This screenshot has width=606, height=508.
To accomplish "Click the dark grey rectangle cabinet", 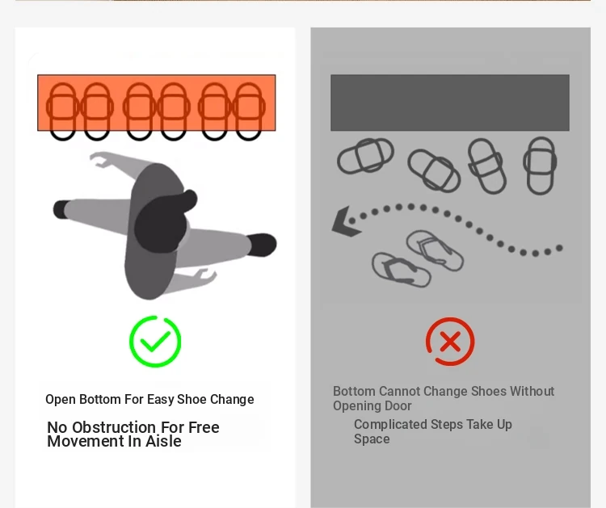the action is [450, 103].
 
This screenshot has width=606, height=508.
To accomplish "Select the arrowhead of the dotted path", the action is [345, 221].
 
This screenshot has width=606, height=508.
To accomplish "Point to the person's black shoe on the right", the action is [262, 245].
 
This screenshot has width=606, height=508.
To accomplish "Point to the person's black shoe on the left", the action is [61, 209].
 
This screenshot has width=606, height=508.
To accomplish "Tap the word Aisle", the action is [163, 441].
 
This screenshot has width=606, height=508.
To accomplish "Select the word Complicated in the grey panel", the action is [390, 425].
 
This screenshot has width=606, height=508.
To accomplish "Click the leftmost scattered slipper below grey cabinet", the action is [365, 156].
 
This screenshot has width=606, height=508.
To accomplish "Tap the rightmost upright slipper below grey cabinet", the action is [540, 166].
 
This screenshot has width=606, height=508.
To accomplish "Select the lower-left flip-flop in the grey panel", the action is [401, 270].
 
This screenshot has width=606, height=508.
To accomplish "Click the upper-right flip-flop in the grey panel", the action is [435, 250].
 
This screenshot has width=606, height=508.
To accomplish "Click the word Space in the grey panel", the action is [372, 439].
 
